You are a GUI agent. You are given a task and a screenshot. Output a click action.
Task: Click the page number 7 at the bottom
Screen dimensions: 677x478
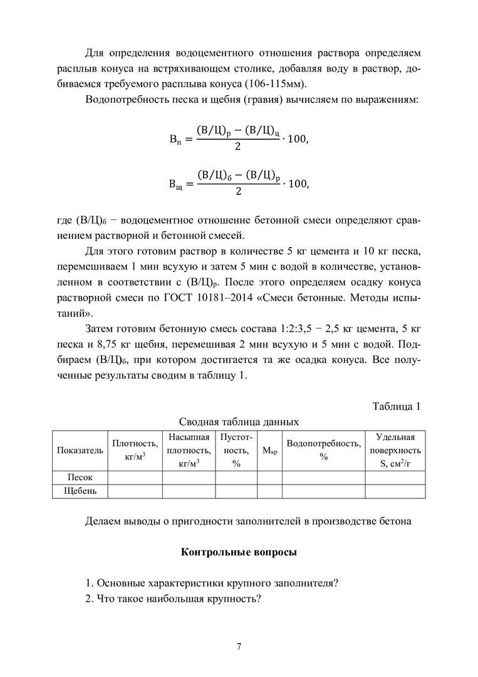pyautogui.click(x=239, y=647)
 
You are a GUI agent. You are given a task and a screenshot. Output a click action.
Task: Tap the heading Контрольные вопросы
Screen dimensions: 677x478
pyautogui.click(x=239, y=552)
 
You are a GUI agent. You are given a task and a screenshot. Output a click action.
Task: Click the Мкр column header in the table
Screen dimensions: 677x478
pyautogui.click(x=269, y=450)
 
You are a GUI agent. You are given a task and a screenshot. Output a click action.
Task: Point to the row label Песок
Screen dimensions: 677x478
pyautogui.click(x=80, y=478)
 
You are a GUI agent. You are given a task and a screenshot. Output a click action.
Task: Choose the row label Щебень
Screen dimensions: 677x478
pyautogui.click(x=80, y=491)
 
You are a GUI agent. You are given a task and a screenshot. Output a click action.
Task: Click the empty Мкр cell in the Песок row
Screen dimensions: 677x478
pyautogui.click(x=269, y=478)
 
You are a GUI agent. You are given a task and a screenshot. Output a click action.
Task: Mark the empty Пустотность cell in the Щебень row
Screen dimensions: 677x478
pyautogui.click(x=236, y=491)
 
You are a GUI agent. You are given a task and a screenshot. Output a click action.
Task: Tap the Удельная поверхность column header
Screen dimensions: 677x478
pyautogui.click(x=395, y=450)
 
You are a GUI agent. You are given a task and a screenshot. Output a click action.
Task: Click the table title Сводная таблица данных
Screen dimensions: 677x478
pyautogui.click(x=239, y=422)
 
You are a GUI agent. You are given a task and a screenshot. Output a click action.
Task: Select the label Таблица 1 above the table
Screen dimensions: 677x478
pyautogui.click(x=396, y=406)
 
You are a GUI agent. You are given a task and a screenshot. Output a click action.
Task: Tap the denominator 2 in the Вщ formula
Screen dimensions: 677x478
pyautogui.click(x=238, y=192)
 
